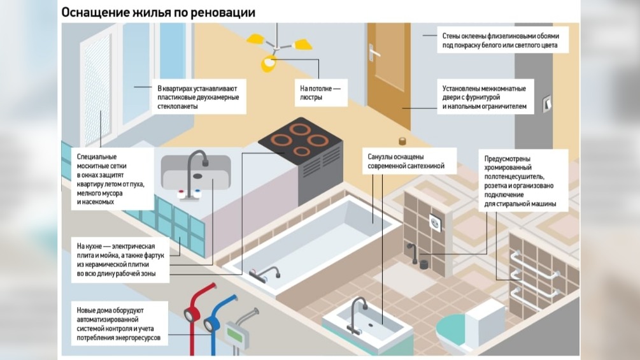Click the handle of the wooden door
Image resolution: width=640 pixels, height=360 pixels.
[x=374, y=53]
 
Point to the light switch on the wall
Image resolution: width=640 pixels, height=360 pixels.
[x=546, y=103]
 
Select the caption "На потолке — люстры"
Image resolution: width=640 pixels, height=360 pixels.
[x=320, y=93]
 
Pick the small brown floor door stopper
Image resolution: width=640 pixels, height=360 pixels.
[x=402, y=141]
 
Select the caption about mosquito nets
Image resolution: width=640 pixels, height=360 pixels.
[x=108, y=178]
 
